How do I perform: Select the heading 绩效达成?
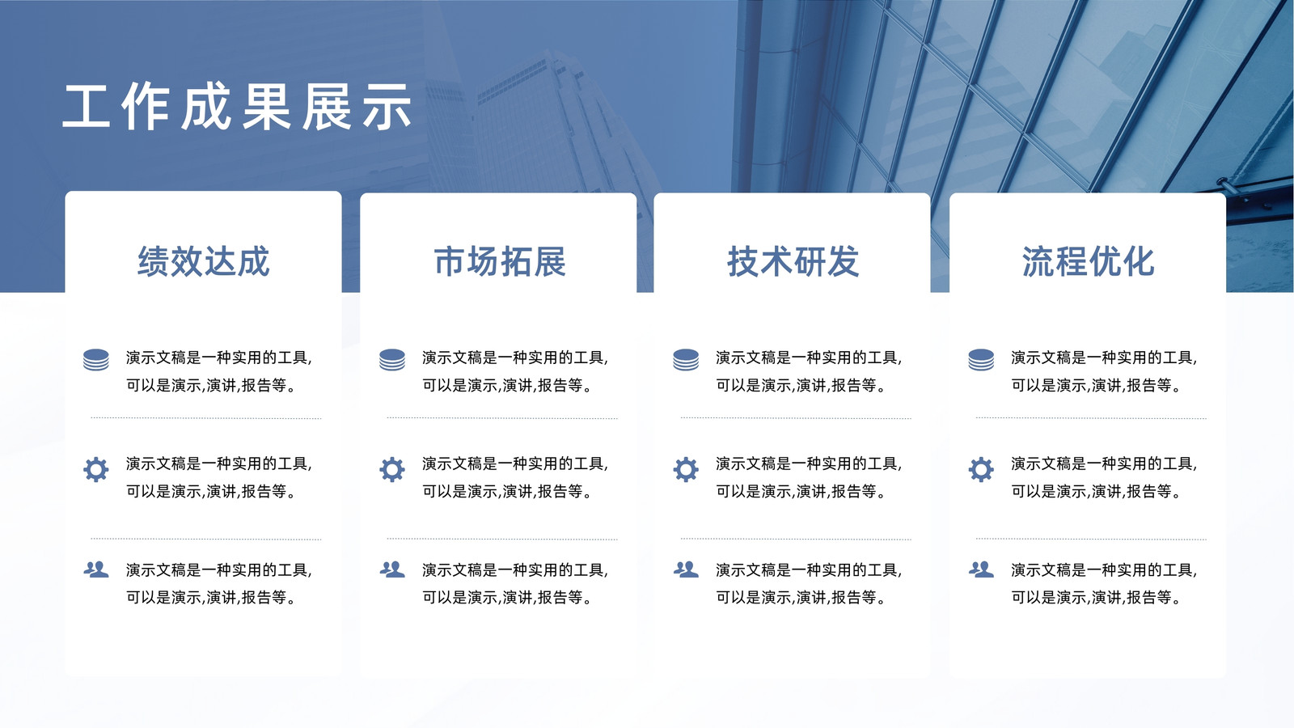coord(203,261)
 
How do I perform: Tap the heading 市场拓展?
coord(500,261)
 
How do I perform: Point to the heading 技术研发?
coord(793,261)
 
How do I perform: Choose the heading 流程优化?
coord(1089,261)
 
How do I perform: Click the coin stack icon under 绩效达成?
coord(96,359)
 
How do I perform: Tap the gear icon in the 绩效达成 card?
coord(96,469)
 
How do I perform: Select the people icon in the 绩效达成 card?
coord(96,569)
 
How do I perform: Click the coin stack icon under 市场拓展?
coord(392,359)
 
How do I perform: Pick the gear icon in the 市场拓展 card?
coord(392,469)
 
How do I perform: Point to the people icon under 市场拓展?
coord(392,569)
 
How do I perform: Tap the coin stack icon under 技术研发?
coord(686,359)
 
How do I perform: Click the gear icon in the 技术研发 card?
coord(686,469)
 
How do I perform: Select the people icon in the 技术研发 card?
coord(686,569)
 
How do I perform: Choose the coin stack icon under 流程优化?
coord(981,359)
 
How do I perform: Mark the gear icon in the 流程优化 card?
coord(981,469)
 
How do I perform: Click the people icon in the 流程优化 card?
coord(981,569)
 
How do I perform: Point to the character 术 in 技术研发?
coord(776,261)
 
